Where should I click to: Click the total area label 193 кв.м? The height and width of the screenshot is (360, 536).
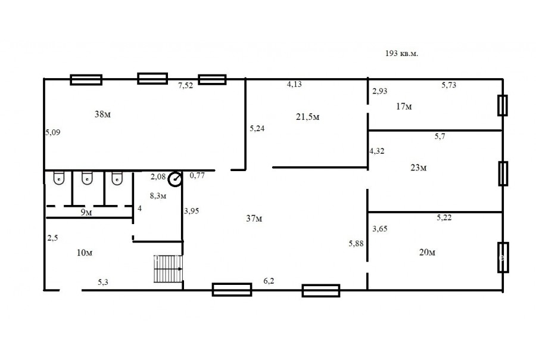401,54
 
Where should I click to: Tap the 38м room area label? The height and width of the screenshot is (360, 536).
102,114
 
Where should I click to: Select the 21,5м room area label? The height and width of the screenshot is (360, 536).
308,117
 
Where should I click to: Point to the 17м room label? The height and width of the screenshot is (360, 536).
404,107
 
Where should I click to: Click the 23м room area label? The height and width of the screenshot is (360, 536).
419,167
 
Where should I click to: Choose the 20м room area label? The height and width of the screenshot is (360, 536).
427,253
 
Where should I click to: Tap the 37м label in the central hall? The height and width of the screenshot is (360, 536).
254,218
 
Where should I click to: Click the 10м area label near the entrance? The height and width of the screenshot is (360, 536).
85,253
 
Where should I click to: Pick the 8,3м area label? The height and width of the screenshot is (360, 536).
158,195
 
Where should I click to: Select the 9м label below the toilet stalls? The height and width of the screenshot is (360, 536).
86,213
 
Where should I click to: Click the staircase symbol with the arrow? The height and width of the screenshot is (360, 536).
168,269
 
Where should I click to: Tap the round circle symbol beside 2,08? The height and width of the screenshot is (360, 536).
175,179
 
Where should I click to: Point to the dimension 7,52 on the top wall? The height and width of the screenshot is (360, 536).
185,86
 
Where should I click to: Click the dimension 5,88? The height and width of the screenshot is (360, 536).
356,243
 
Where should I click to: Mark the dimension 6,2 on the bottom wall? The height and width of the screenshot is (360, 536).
269,281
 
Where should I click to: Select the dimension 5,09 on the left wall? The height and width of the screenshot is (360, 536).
53,132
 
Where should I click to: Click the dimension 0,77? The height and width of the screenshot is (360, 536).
197,176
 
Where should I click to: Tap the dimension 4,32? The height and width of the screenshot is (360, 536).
377,151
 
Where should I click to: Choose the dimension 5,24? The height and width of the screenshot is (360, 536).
257,129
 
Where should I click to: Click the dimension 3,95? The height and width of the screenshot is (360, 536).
191,211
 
